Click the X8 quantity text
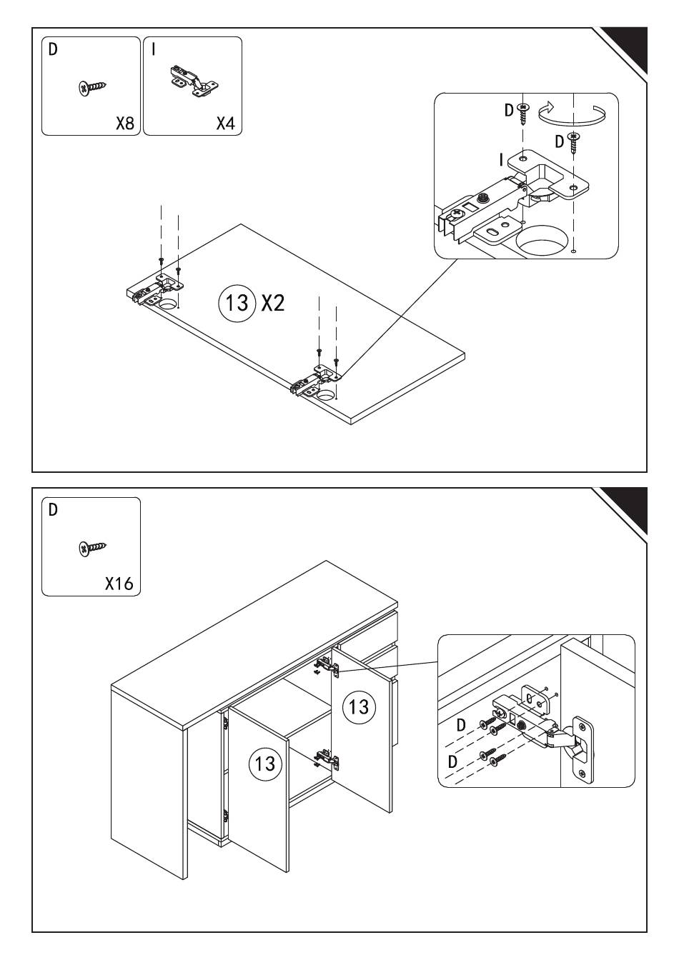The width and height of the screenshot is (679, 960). [124, 124]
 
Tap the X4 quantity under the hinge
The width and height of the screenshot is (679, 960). [225, 124]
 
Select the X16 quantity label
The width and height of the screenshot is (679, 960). [119, 584]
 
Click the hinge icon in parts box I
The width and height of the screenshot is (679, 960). [192, 81]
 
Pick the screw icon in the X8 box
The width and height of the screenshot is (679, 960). [92, 87]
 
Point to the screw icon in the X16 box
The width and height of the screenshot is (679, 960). [92, 548]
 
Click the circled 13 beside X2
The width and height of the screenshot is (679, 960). [237, 303]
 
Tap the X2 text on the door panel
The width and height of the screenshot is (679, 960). [272, 304]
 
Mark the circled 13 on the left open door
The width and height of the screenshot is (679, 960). [265, 763]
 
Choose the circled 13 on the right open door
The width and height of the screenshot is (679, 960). [358, 706]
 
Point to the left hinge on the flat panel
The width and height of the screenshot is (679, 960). [155, 290]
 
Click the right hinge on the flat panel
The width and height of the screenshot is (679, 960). [317, 379]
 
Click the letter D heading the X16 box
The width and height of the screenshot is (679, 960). [52, 510]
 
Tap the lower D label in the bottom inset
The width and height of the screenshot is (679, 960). [452, 761]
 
